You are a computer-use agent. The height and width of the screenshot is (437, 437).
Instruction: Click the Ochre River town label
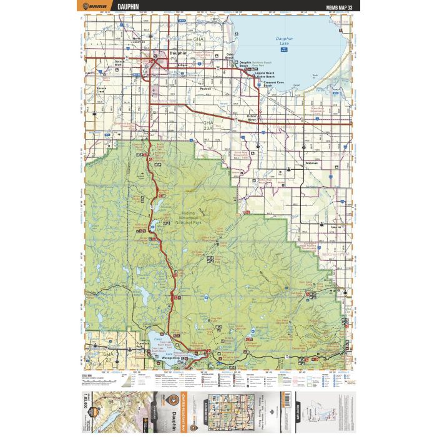pos(252,117)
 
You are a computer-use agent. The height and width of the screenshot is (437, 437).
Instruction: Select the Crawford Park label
pos(142,344)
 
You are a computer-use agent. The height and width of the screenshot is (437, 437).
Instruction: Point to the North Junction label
pos(137,41)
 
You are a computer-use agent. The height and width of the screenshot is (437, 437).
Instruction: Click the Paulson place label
pos(205,89)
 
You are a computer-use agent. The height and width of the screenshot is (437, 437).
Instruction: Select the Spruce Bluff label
pos(122,63)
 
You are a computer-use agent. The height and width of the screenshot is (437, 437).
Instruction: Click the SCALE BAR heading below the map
pos(87,375)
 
